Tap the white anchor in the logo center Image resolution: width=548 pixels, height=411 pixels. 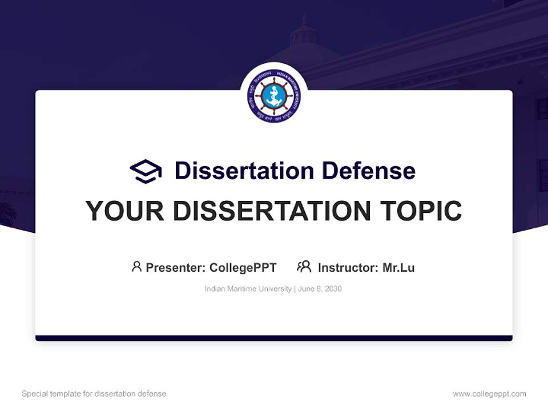click(x=274, y=96)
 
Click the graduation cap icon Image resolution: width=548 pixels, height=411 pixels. click(x=146, y=171)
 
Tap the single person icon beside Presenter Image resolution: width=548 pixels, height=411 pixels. click(x=136, y=267)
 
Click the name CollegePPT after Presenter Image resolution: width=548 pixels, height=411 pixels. click(x=243, y=268)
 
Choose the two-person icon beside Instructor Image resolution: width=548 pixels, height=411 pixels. click(x=304, y=267)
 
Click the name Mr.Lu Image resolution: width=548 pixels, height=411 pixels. click(x=398, y=268)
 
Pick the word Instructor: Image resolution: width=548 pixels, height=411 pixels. click(x=348, y=268)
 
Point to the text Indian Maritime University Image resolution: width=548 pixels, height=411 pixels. click(x=248, y=289)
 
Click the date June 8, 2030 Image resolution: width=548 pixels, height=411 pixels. click(x=320, y=289)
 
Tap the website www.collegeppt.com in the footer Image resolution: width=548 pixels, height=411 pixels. click(x=489, y=394)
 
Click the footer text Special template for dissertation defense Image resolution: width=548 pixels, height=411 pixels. click(x=94, y=394)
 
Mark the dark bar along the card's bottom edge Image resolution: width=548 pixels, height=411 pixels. click(x=274, y=339)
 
